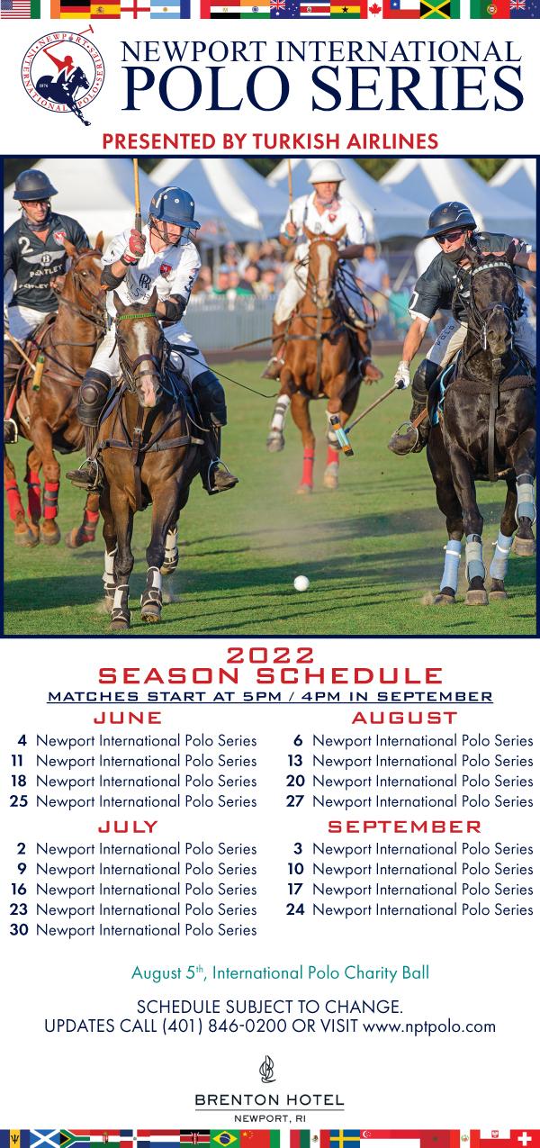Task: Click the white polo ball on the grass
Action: (301, 583)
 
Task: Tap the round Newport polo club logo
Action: (62, 75)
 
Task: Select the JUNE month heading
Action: (128, 718)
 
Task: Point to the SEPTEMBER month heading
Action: (405, 827)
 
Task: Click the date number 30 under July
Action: (19, 930)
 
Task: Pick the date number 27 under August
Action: (295, 801)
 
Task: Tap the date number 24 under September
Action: (295, 909)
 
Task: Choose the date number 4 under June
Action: (22, 740)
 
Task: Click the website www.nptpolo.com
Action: (429, 1027)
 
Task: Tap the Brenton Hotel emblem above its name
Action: (267, 1069)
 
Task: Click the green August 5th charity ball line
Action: (280, 972)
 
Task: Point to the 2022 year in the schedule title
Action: (270, 655)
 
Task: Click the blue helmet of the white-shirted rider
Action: (175, 207)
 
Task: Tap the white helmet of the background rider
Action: (327, 172)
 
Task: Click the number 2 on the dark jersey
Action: (25, 246)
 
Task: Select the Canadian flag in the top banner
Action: (375, 9)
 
